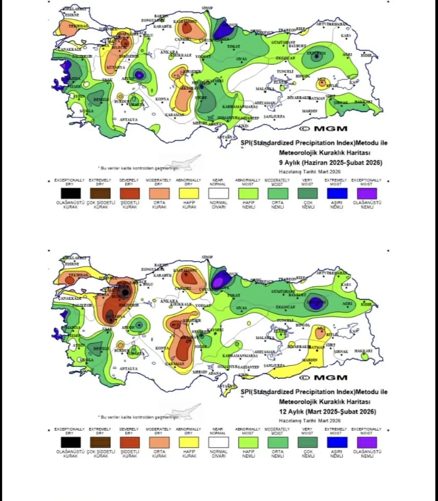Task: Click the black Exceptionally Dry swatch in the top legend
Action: coord(71,193)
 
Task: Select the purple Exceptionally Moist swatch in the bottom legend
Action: coord(366,442)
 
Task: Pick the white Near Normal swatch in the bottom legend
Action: coord(218,442)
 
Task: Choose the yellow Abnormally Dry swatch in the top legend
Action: coord(189,193)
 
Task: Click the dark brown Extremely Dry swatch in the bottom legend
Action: coord(100,442)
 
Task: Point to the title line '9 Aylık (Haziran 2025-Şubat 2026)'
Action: coord(331,163)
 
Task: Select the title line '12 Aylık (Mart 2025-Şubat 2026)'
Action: coord(327,411)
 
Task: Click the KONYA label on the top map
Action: coord(162,99)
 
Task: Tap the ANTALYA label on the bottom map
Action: coord(128,369)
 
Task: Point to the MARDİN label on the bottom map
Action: coord(309,360)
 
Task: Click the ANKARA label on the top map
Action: coord(169,52)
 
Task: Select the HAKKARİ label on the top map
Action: coord(363,102)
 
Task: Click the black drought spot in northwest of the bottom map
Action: coord(125,293)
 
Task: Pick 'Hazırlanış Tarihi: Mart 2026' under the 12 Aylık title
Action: coord(310,421)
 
